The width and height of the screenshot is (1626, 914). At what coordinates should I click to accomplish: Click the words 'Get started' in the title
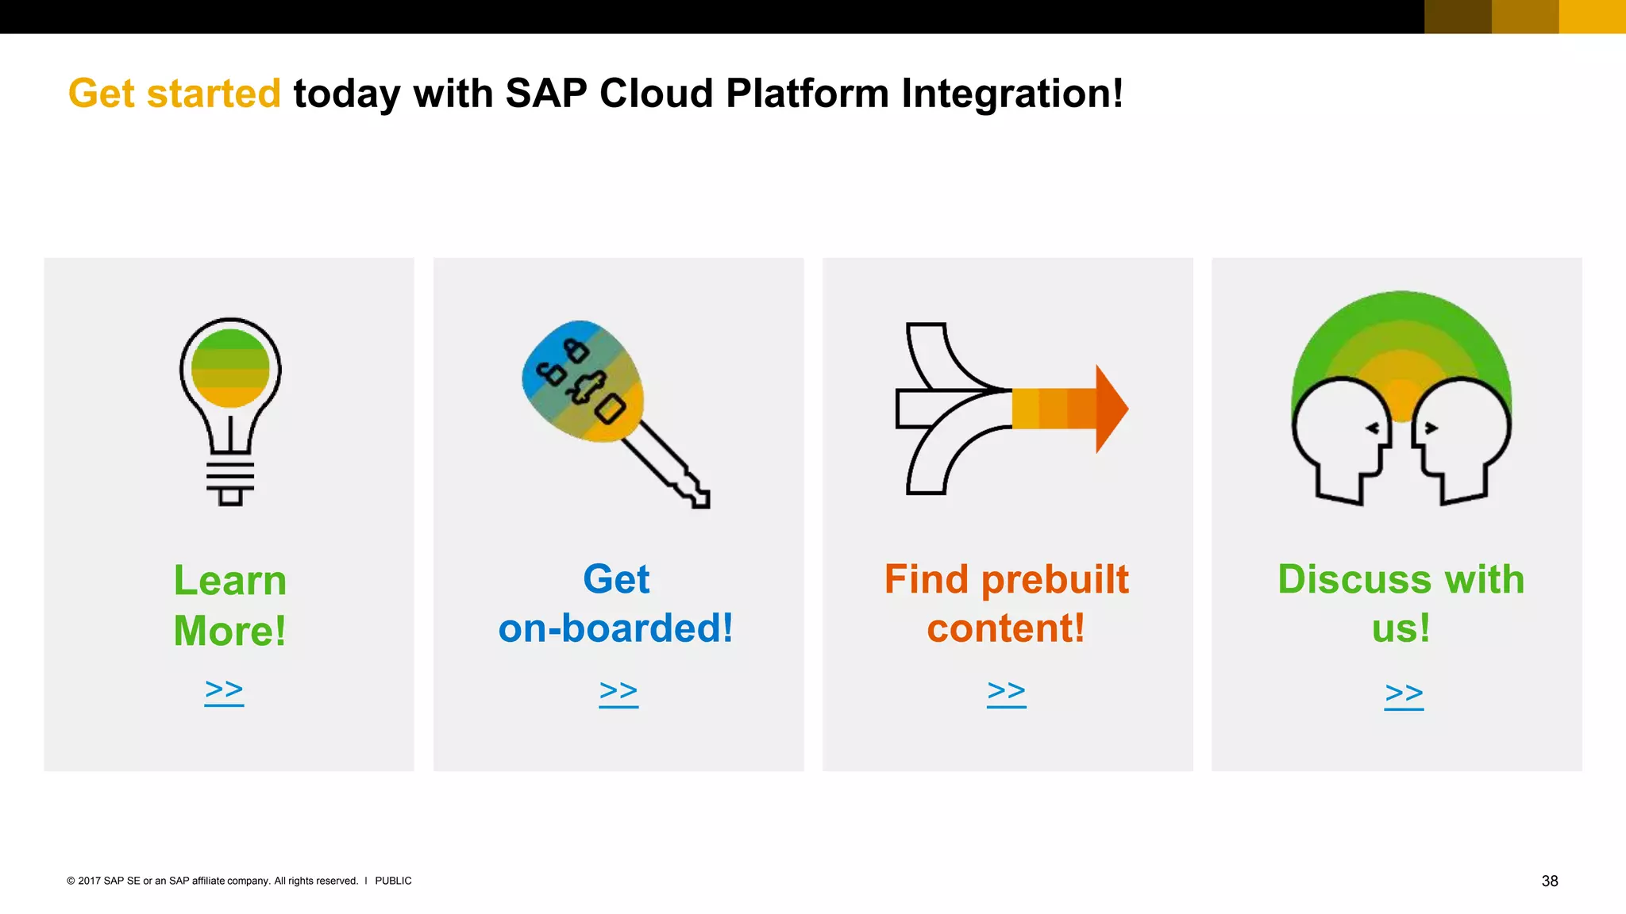click(x=175, y=94)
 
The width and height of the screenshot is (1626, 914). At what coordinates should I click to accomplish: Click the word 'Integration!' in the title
click(x=1012, y=94)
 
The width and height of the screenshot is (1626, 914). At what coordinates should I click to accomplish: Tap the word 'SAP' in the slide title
click(x=545, y=94)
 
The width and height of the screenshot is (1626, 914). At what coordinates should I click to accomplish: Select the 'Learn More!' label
click(x=230, y=605)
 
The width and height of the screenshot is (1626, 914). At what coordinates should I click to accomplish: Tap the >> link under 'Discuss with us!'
click(x=1404, y=694)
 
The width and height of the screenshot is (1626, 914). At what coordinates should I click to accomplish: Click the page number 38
click(x=1550, y=881)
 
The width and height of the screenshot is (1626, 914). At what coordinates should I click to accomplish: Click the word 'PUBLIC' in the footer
click(x=393, y=881)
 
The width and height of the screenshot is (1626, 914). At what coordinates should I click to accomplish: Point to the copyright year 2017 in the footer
click(x=89, y=881)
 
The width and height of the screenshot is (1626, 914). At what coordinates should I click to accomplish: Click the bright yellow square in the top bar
click(x=1592, y=17)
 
